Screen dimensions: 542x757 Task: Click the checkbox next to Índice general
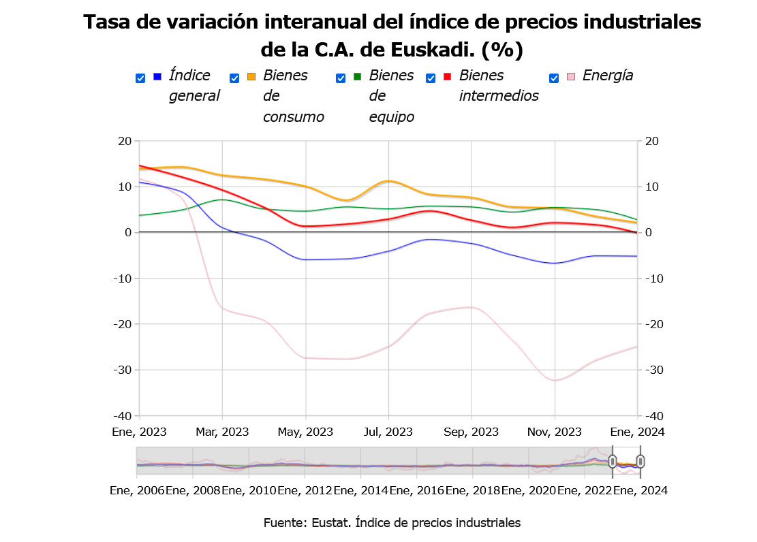[140, 78]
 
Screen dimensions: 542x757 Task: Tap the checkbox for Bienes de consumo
[234, 78]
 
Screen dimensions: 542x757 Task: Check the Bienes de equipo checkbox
[341, 78]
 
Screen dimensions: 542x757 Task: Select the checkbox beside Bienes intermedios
[431, 78]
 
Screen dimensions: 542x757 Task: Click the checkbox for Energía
[554, 78]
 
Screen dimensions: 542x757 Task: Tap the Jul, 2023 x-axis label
[388, 432]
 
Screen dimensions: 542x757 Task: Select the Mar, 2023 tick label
[222, 432]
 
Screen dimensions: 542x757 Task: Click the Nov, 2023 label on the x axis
[555, 432]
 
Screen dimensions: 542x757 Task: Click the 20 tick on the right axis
[652, 141]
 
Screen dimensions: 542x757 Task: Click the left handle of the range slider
[613, 462]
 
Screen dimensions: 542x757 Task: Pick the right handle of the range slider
[640, 462]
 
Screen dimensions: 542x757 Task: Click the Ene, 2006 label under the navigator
[137, 490]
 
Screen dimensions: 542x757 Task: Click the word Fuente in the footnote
[284, 522]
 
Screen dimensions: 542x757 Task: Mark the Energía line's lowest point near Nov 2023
[555, 380]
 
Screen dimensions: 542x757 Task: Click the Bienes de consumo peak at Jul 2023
[388, 180]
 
